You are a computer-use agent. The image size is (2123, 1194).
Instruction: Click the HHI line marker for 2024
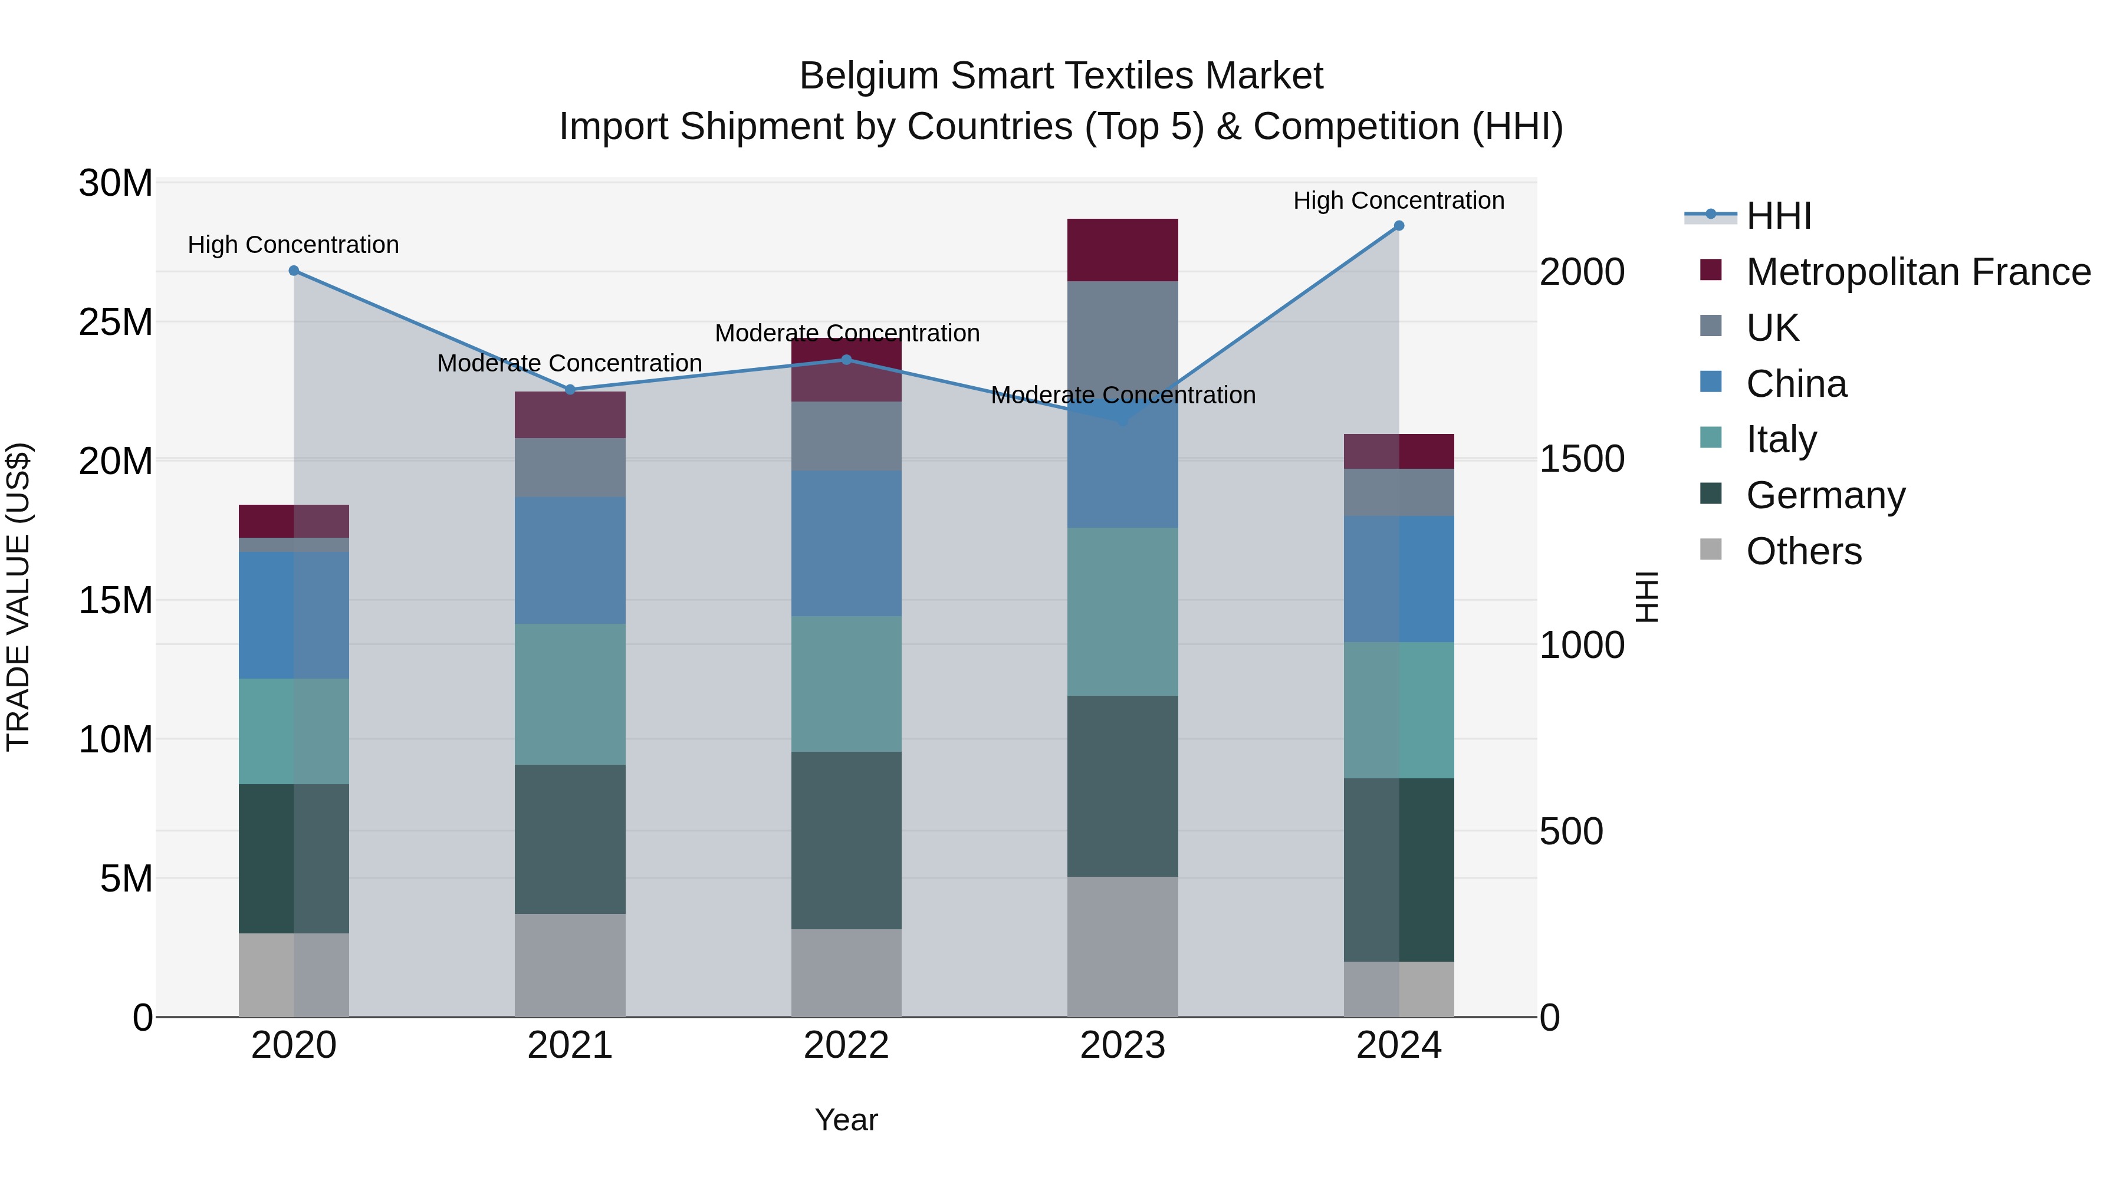click(x=1399, y=226)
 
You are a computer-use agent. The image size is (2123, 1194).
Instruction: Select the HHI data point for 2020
click(x=294, y=270)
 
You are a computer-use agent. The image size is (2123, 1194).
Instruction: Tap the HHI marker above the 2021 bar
click(x=570, y=390)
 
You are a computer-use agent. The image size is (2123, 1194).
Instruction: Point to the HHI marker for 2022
click(x=846, y=359)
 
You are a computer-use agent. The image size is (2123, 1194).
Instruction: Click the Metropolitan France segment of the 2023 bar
click(x=1122, y=249)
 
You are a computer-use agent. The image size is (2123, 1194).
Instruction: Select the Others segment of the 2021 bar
click(x=570, y=964)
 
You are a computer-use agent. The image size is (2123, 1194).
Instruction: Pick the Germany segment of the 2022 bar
click(x=846, y=840)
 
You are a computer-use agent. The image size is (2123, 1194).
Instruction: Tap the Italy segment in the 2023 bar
click(x=1122, y=611)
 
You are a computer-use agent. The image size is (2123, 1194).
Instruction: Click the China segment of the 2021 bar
click(x=570, y=560)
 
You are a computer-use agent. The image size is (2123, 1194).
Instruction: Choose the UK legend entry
click(x=1772, y=328)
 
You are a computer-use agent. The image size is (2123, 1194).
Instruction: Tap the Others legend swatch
click(x=1711, y=550)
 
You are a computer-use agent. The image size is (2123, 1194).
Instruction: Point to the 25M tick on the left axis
click(x=116, y=322)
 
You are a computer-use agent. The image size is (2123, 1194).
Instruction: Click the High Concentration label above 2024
click(x=1399, y=200)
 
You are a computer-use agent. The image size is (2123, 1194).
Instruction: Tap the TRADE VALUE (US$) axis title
click(x=18, y=597)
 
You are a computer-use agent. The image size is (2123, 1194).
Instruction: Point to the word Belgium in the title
click(x=869, y=76)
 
